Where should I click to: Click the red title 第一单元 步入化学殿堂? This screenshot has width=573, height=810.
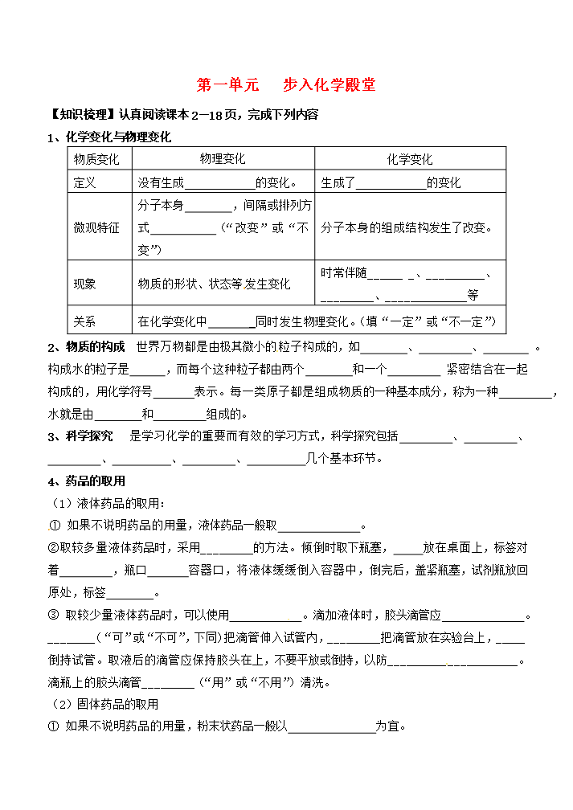tap(286, 85)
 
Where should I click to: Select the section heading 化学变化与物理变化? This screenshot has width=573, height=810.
tap(118, 137)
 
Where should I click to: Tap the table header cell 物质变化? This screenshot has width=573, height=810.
tap(96, 159)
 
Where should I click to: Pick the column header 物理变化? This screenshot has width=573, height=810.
tap(223, 159)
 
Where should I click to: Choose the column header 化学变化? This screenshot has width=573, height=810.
tap(409, 159)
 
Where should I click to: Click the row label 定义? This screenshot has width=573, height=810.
tap(84, 182)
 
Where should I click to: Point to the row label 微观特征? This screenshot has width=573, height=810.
tap(96, 227)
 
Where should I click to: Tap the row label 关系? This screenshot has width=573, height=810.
tap(84, 321)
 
